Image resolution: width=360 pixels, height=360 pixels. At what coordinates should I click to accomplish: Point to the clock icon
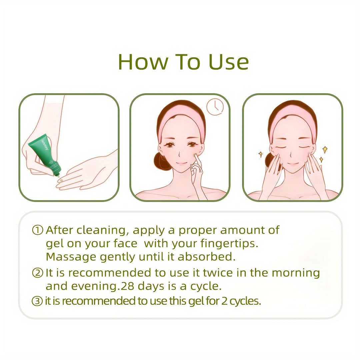pos(215,106)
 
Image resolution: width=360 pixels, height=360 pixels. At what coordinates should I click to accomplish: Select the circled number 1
pos(37,230)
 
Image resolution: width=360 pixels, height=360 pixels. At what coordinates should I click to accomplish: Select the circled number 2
pos(37,273)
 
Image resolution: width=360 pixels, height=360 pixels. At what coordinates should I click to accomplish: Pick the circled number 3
pos(37,301)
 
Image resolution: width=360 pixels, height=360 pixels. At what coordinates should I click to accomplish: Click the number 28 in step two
pos(127,286)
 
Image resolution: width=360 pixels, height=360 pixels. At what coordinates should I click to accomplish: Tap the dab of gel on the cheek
pos(195,155)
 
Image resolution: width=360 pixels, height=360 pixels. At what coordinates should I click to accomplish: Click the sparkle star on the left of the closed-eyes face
pos(261,154)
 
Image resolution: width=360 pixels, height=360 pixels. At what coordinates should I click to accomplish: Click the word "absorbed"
pos(207,257)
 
